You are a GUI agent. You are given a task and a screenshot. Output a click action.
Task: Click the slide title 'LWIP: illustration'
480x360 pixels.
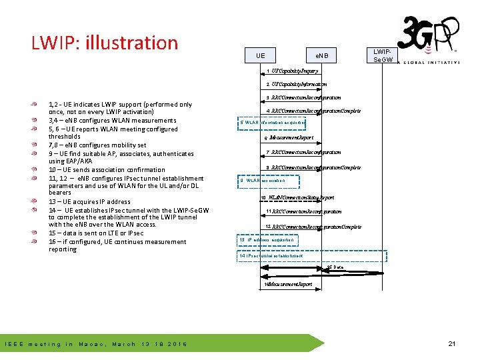(105, 43)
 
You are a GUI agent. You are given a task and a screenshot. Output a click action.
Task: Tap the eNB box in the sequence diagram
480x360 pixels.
(322, 55)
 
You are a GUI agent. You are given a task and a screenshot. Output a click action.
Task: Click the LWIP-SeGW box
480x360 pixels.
(383, 55)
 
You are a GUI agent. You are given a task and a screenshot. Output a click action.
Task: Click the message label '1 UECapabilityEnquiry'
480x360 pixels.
(293, 71)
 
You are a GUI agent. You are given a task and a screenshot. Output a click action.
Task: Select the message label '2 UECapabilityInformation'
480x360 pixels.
(296, 85)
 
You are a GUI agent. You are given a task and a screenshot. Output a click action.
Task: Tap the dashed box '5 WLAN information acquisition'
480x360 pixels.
(272, 123)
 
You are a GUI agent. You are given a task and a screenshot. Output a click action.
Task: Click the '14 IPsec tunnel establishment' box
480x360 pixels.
(271, 256)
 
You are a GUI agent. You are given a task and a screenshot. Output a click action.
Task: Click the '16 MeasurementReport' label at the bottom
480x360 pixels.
(288, 285)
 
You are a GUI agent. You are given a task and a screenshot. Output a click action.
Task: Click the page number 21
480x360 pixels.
(451, 344)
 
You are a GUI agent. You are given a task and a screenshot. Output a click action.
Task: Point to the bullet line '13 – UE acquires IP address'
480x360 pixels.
(89, 201)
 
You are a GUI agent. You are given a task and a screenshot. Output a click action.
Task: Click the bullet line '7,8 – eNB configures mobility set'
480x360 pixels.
(97, 145)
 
